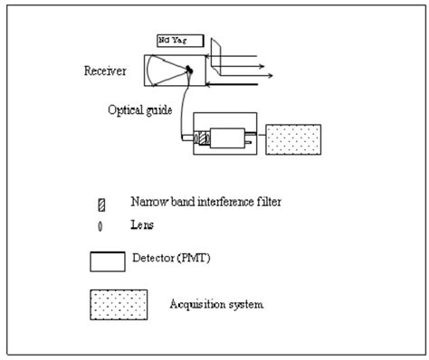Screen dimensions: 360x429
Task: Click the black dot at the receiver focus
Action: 189,70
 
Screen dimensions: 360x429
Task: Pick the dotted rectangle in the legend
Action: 118,305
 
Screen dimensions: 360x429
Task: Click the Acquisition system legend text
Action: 216,304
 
